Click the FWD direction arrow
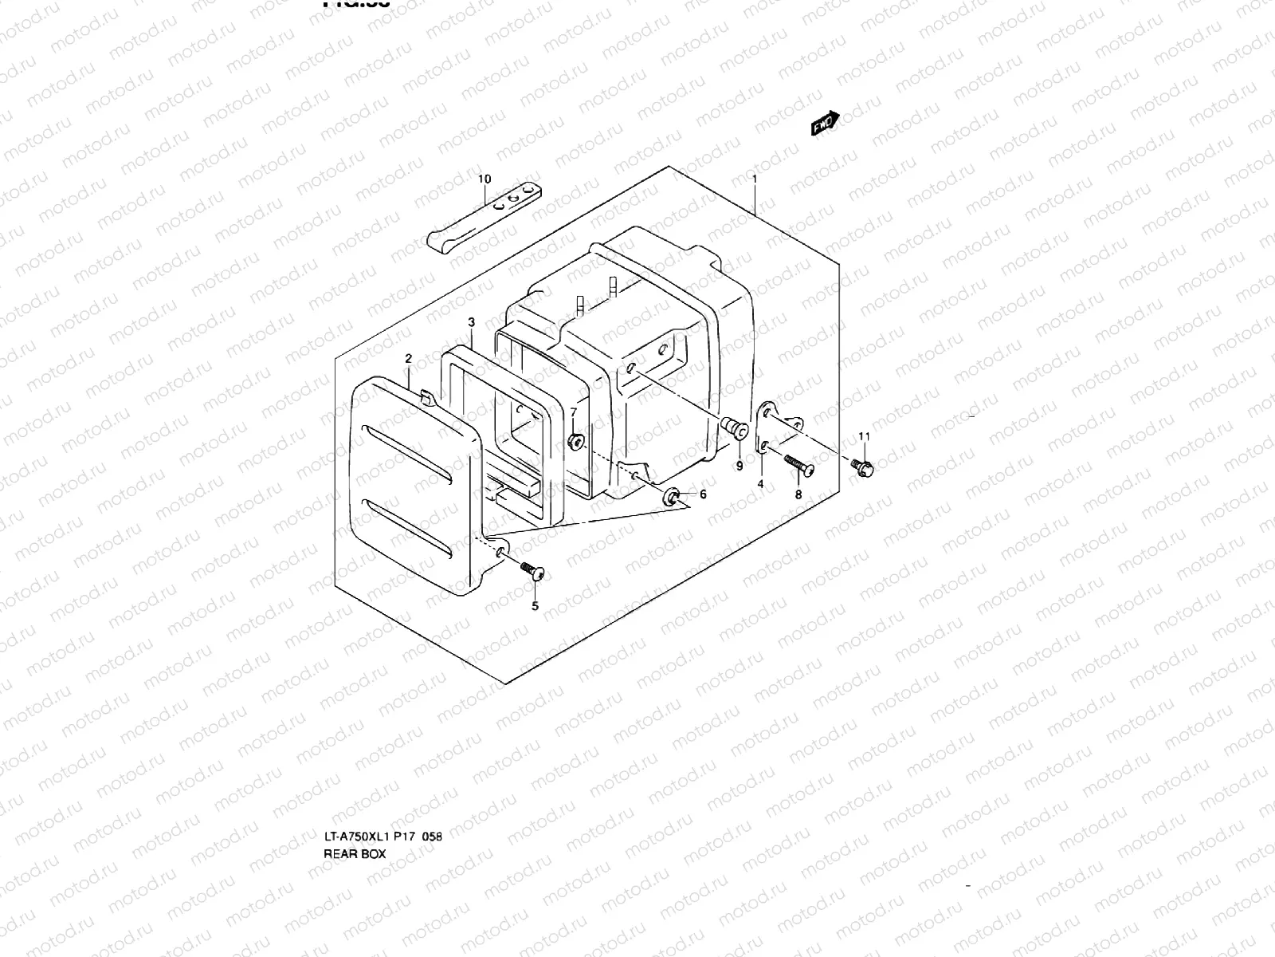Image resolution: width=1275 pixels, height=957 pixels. (825, 124)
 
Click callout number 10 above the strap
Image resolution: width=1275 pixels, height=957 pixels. (484, 179)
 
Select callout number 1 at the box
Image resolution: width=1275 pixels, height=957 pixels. (755, 179)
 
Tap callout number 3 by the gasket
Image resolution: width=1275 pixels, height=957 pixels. (471, 322)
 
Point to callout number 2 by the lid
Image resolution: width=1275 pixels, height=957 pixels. (408, 359)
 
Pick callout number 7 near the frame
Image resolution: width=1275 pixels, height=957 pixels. (573, 411)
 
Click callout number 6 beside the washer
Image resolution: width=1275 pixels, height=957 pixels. (703, 494)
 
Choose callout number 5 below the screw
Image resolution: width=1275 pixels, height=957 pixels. (535, 606)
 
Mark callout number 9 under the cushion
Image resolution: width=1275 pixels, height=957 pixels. (739, 466)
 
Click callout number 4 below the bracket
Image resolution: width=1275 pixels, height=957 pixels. (760, 484)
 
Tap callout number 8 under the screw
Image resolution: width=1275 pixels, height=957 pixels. (798, 494)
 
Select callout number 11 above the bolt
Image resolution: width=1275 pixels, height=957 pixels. (865, 435)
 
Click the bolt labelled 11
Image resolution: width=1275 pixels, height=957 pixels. (862, 467)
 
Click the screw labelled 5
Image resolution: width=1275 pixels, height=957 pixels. (530, 569)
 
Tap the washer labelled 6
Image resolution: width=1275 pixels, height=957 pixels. (673, 497)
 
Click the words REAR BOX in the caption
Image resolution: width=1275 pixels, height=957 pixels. (354, 853)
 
